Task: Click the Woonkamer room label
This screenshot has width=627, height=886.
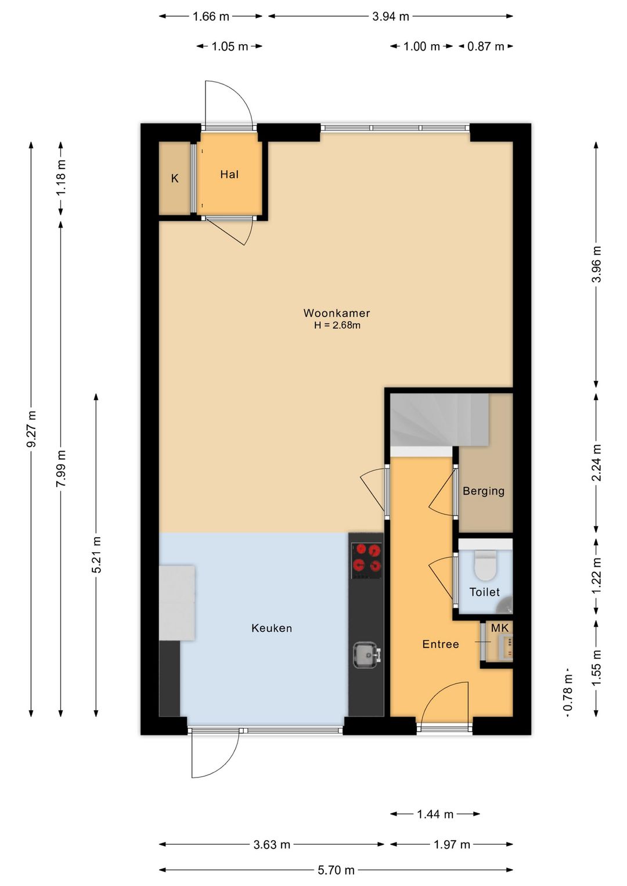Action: [x=336, y=314]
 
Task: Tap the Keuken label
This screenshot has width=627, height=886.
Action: [x=271, y=628]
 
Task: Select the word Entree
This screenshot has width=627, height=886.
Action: [x=440, y=644]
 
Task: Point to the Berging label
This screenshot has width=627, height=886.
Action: [x=484, y=491]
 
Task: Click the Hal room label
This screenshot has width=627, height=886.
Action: [x=229, y=174]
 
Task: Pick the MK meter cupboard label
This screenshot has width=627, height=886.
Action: [x=500, y=627]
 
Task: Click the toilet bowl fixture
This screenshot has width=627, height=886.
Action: [x=485, y=564]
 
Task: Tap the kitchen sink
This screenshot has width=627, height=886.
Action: [x=367, y=656]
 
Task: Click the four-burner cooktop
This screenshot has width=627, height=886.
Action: [x=367, y=560]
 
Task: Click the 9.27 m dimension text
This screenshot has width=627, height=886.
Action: [x=31, y=428]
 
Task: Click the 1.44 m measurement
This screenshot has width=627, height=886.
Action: [x=435, y=811]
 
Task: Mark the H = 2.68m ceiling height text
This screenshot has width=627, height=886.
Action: [x=337, y=325]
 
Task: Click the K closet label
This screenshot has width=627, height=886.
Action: [x=174, y=179]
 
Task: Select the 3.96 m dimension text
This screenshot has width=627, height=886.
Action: [x=597, y=264]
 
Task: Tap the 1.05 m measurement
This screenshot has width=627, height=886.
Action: [x=229, y=46]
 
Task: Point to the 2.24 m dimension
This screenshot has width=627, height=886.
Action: [x=597, y=462]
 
